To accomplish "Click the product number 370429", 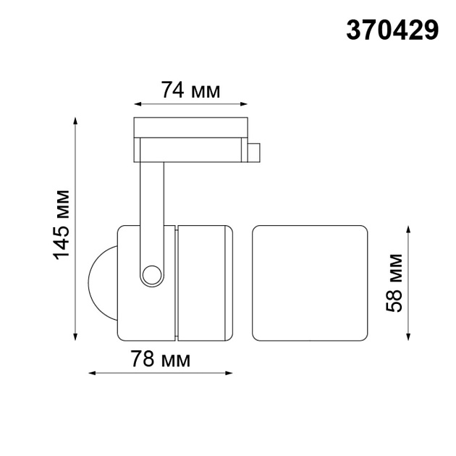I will pos(393,30).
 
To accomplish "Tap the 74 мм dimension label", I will pos(190,90).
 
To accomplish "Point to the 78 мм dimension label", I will pos(160,359).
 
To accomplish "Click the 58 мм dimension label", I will pos(395,282).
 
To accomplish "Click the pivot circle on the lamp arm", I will pos(152,274).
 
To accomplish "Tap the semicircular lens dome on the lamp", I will pos(101,282).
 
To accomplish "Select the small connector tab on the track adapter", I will pos(253,153).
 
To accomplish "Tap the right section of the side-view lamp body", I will pos(205,283).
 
